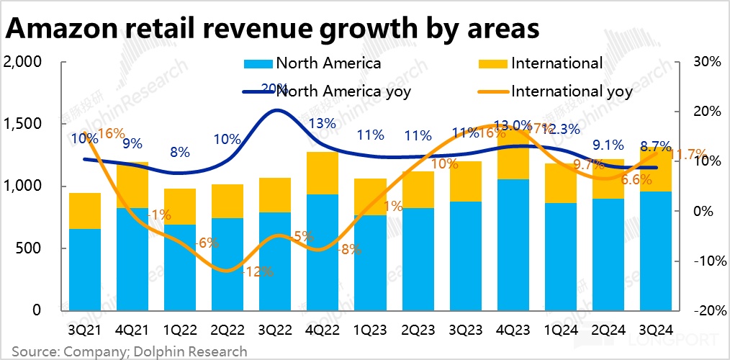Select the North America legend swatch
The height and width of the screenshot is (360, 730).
pyautogui.click(x=258, y=63)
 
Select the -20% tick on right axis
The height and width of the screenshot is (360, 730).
pyautogui.click(x=706, y=310)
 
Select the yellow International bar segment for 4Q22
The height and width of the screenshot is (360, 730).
pyautogui.click(x=323, y=174)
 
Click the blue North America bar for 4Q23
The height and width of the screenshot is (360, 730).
pyautogui.click(x=513, y=245)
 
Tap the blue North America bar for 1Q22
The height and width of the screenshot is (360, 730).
pyautogui.click(x=180, y=267)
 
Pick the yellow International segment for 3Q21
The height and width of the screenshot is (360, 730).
pyautogui.click(x=84, y=211)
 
